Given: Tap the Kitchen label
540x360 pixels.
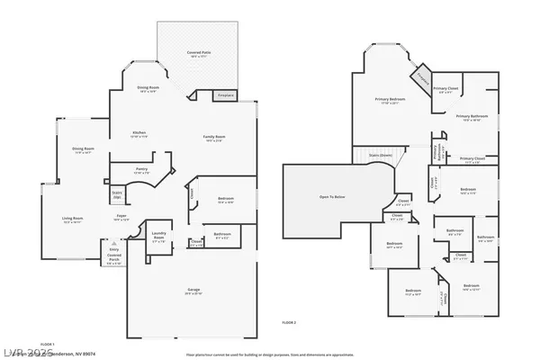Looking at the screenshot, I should pos(137,134).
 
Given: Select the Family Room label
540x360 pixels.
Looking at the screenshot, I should pos(213,137).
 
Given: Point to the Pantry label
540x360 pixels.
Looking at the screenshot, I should pos(141,170).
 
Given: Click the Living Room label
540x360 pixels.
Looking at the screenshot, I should pos(73,219).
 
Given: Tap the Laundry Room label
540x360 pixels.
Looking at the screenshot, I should pos(158,238).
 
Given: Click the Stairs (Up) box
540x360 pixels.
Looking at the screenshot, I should pos(116,193).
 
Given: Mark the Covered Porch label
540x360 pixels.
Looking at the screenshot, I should pos(114,260).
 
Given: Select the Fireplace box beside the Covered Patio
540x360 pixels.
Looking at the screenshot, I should pos(224,94).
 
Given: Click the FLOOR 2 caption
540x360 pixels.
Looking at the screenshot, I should pos(289,321).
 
